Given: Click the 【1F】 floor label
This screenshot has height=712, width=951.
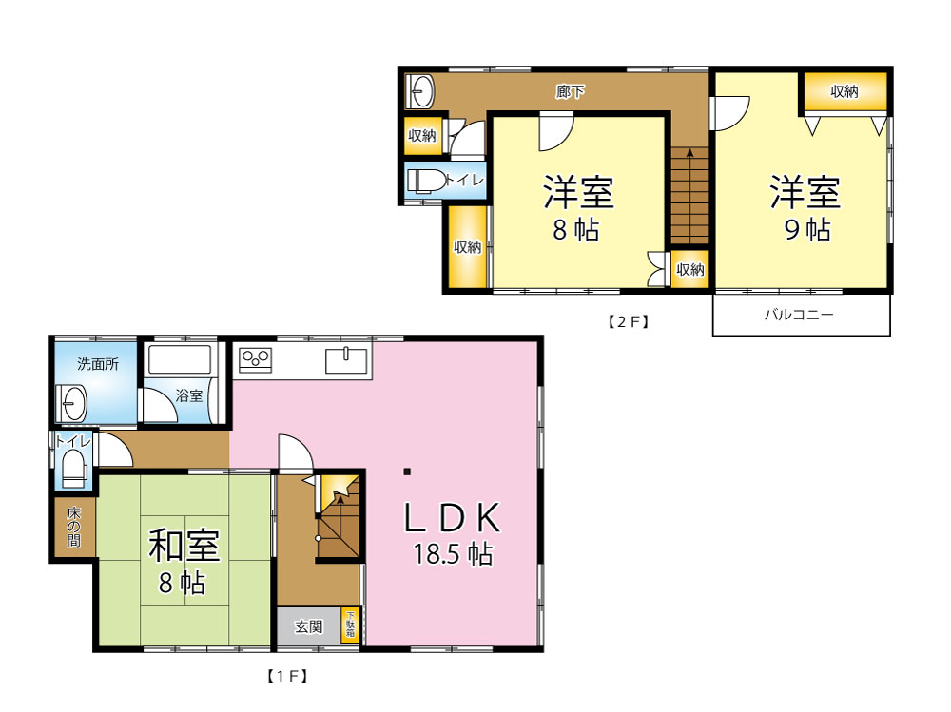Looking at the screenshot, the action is click(x=287, y=676).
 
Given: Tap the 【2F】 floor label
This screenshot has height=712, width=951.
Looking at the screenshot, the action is click(x=629, y=321).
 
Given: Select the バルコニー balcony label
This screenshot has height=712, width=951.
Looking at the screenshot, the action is click(x=799, y=314).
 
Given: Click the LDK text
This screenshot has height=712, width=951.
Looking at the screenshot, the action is click(x=453, y=517).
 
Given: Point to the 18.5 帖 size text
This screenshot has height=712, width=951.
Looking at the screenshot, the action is click(x=453, y=554).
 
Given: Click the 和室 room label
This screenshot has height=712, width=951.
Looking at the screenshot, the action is click(x=184, y=546).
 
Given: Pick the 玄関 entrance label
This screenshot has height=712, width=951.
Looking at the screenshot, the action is click(x=309, y=626).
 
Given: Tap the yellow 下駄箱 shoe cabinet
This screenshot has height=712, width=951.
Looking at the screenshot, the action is click(x=350, y=625).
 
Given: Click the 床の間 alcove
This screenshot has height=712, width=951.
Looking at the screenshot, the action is click(x=74, y=527).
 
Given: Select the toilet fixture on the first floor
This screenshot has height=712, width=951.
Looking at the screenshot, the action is click(x=74, y=468).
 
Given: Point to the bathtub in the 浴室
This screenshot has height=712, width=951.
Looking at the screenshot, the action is click(x=180, y=359).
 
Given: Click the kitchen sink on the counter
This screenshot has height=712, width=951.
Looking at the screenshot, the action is click(x=346, y=361).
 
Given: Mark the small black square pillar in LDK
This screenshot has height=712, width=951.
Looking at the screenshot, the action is click(x=407, y=471).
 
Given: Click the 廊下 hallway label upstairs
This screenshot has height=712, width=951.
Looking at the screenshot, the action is click(x=570, y=91).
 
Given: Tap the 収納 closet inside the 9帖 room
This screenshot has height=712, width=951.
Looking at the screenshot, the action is click(x=845, y=91).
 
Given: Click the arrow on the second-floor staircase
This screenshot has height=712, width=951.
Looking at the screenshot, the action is click(x=689, y=195).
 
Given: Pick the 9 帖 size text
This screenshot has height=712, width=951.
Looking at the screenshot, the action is click(x=807, y=230).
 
